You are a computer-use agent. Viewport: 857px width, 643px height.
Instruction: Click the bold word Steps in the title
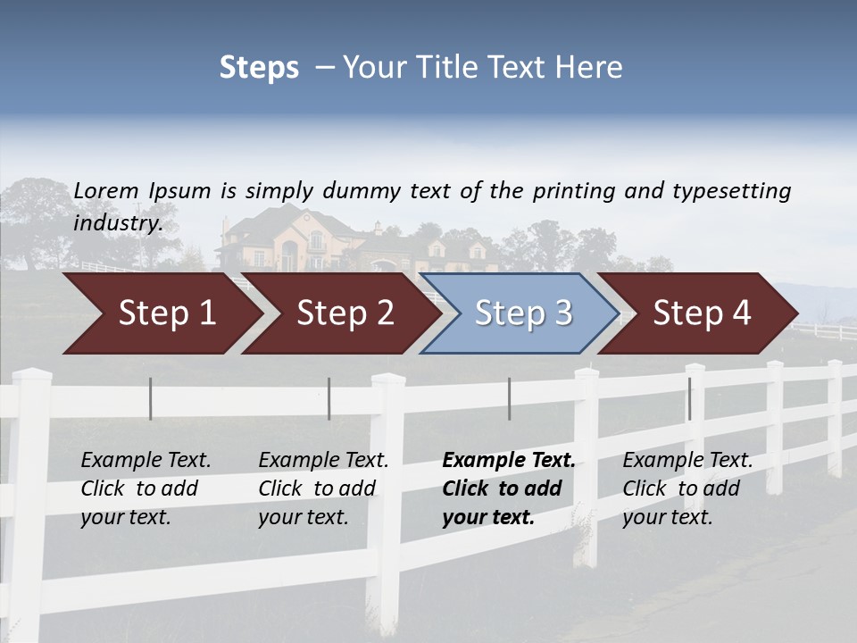tap(259, 68)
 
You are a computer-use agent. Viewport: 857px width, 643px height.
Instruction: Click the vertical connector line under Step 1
tap(151, 398)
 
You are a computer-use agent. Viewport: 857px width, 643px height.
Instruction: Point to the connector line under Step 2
tap(329, 398)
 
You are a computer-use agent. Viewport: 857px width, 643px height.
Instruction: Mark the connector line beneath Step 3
tap(510, 398)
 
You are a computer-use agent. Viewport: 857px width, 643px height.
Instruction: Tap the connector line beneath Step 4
tap(689, 398)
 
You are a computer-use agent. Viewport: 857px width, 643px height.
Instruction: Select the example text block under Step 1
tap(146, 489)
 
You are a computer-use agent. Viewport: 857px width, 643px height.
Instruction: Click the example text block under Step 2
tap(323, 489)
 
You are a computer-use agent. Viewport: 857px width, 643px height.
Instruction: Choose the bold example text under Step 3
tap(509, 489)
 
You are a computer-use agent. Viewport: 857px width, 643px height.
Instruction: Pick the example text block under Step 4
tap(687, 489)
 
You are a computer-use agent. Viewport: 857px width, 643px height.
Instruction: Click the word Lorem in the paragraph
tap(106, 190)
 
